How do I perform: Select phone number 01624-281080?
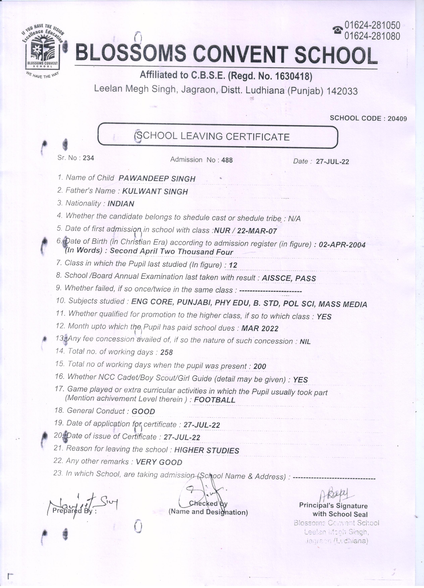pyautogui.click(x=372, y=36)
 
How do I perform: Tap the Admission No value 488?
pyautogui.click(x=227, y=160)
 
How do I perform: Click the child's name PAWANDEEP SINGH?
pyautogui.click(x=157, y=179)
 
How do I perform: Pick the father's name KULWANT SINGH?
pyautogui.click(x=155, y=192)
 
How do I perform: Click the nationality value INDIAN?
pyautogui.click(x=121, y=204)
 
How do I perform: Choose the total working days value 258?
pyautogui.click(x=167, y=352)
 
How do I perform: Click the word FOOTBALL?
pyautogui.click(x=215, y=400)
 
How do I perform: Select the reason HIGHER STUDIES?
pyautogui.click(x=207, y=451)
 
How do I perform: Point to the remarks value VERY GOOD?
pyautogui.click(x=159, y=462)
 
